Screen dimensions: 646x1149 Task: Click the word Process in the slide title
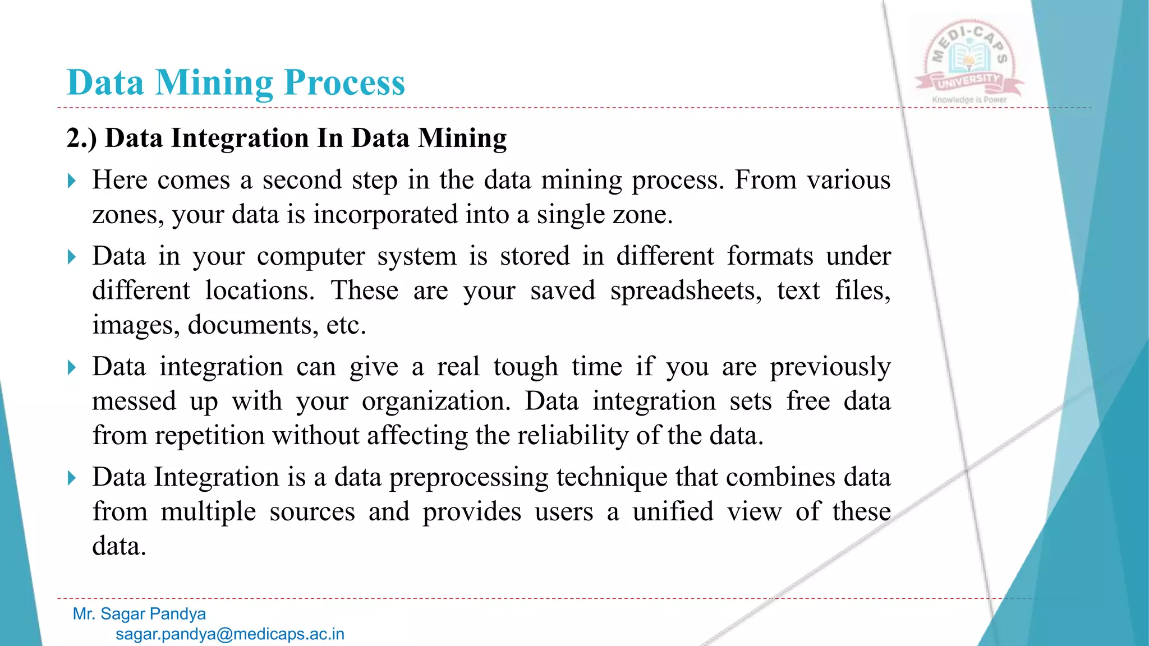tap(344, 83)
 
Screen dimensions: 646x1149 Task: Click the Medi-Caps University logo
tap(969, 61)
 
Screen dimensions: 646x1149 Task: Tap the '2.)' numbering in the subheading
tap(81, 138)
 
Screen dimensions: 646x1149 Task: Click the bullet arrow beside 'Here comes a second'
tap(71, 181)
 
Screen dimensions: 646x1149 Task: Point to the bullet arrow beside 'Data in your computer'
tap(71, 257)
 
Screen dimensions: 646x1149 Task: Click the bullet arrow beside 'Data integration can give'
tap(71, 367)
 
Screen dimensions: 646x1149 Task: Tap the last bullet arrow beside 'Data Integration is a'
tap(71, 478)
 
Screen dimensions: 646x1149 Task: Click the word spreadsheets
tap(686, 291)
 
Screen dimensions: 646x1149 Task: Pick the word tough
tap(525, 367)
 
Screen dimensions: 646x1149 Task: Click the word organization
tap(435, 402)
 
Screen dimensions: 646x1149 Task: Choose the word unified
tap(673, 512)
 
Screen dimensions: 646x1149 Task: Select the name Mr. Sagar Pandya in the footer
tap(139, 614)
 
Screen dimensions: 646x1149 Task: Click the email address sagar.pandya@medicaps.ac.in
tap(229, 634)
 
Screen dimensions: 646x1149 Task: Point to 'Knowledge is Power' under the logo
tap(969, 100)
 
